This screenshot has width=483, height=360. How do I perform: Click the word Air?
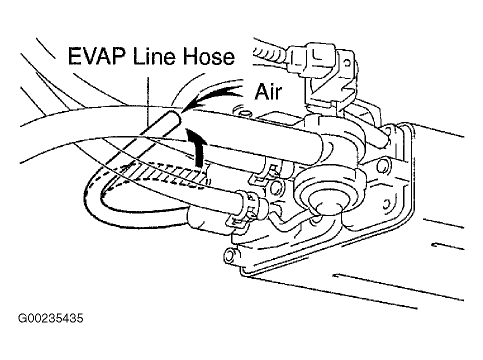pos(268,92)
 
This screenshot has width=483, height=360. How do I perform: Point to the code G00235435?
pos(50,318)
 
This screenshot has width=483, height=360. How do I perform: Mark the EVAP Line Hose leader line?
pos(148,100)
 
